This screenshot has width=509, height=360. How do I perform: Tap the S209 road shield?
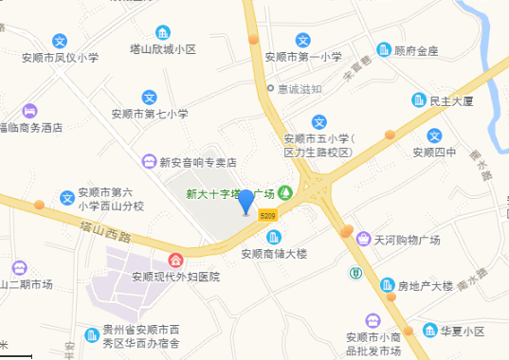coord(268,216)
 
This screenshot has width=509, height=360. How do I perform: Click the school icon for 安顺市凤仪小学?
coord(60,41)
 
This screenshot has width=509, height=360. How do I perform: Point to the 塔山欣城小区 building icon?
coord(163,32)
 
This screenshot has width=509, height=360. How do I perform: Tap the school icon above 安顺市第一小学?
coord(303,40)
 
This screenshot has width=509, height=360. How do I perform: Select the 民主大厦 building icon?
coord(418,99)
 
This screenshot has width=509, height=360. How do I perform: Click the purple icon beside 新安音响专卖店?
coord(149,161)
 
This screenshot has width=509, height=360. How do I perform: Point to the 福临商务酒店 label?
coord(30,126)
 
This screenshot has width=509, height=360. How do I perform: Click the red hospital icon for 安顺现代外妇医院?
coord(175,261)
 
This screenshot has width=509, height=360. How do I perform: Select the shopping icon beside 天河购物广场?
coord(363,240)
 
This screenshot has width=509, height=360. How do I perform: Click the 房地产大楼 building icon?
coord(387,285)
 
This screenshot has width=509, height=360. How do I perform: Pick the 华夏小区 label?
coord(462,332)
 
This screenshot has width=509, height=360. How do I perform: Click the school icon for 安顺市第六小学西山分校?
coord(66,197)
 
